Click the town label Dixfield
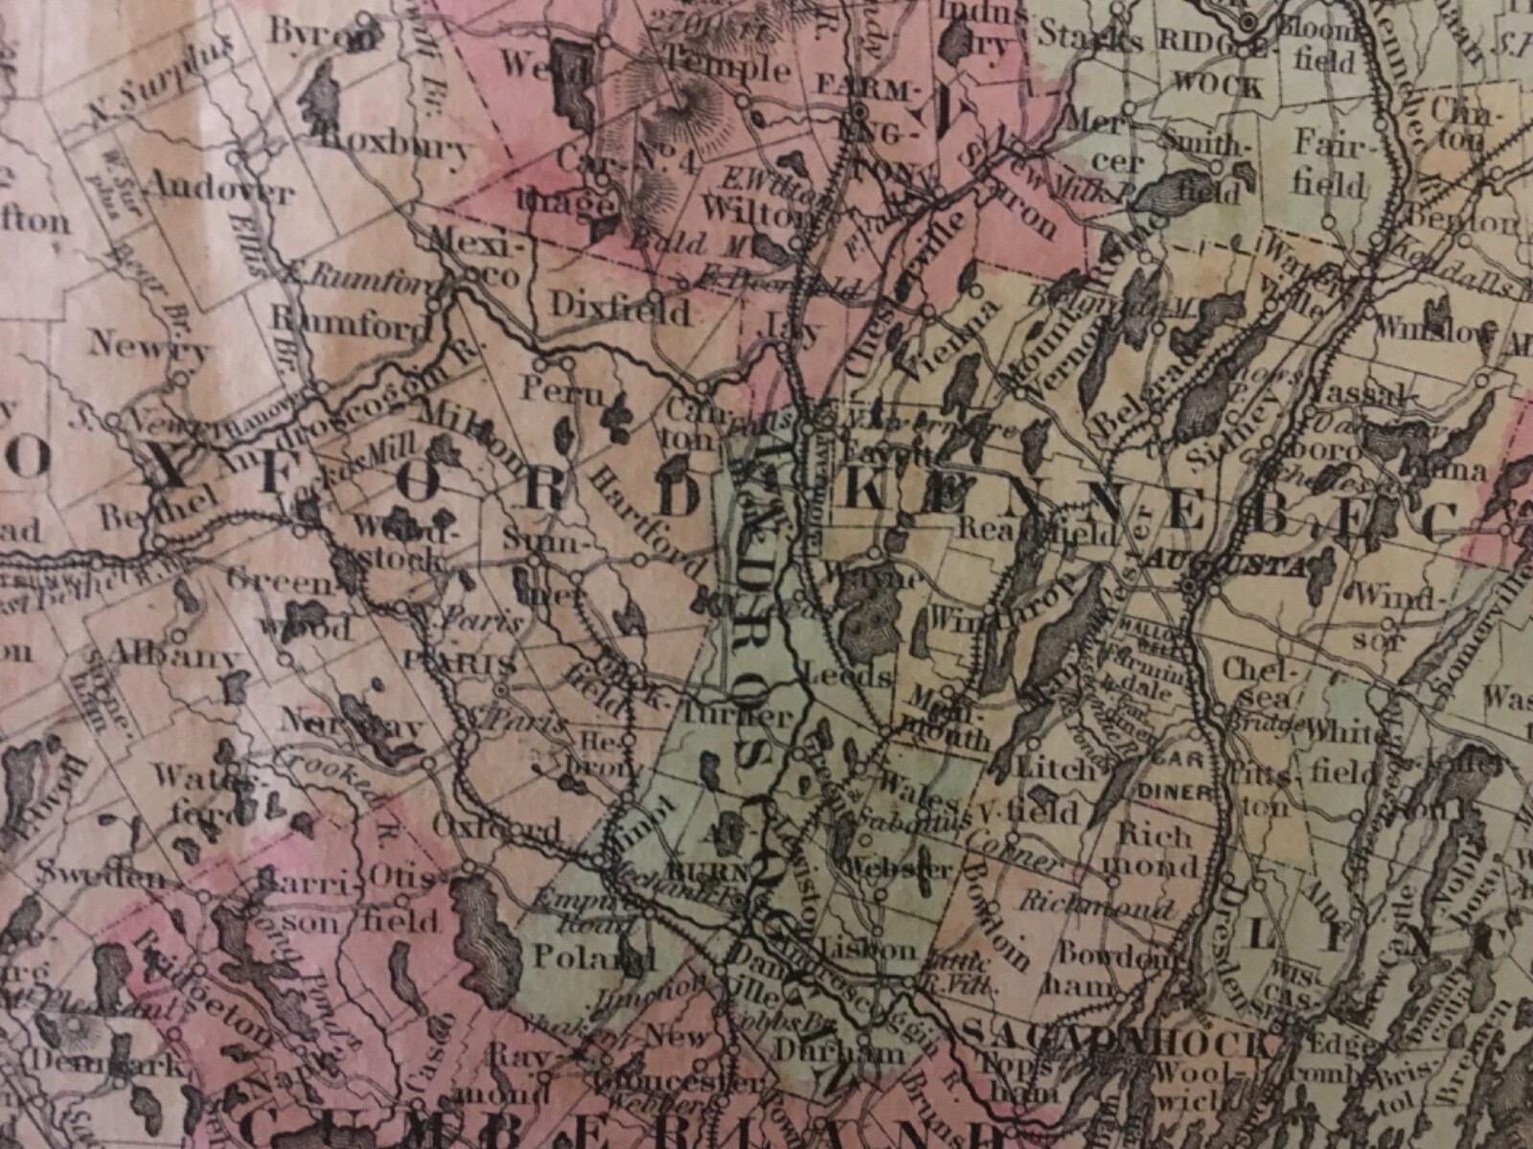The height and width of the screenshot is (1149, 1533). click(x=620, y=310)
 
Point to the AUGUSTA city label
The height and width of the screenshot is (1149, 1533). click(x=1246, y=564)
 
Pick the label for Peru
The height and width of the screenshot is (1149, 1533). click(x=551, y=389)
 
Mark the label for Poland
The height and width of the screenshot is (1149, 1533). click(x=593, y=956)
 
